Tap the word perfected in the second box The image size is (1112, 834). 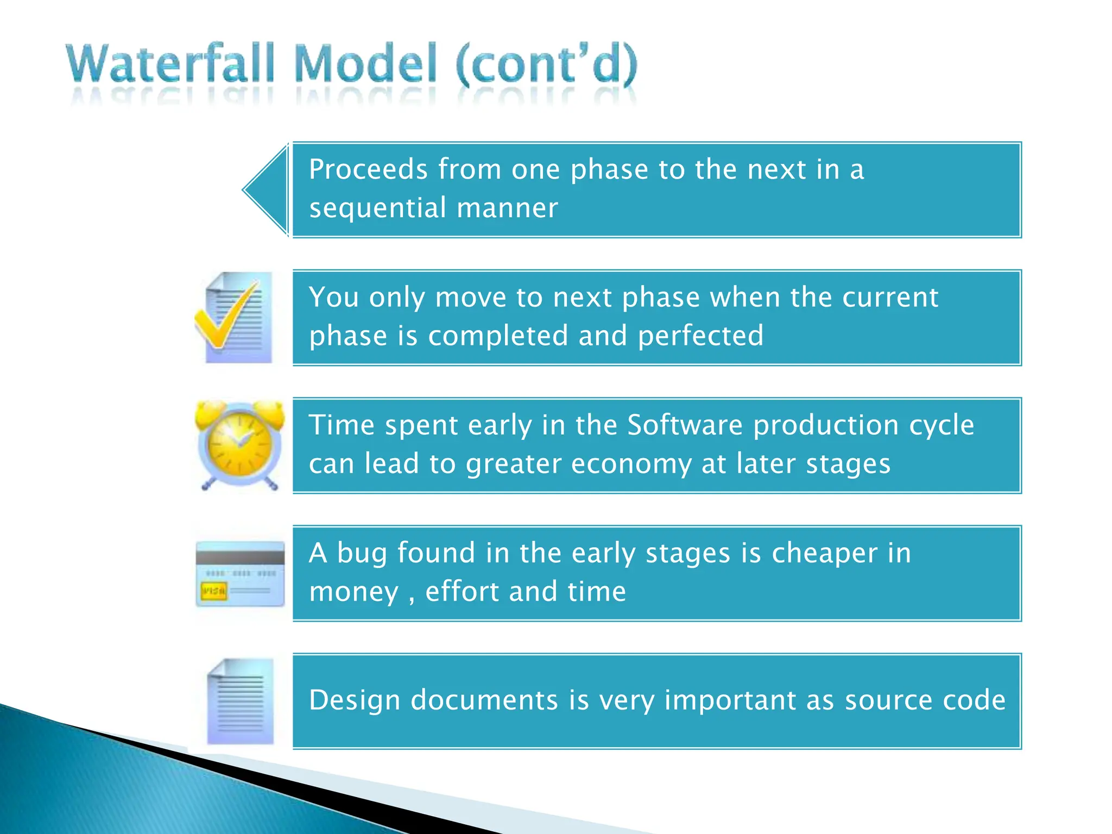[700, 336]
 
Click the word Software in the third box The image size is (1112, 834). [685, 425]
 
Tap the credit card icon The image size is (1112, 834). [240, 574]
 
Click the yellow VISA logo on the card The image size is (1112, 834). [213, 591]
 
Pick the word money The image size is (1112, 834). [353, 592]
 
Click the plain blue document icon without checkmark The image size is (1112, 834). [241, 702]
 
